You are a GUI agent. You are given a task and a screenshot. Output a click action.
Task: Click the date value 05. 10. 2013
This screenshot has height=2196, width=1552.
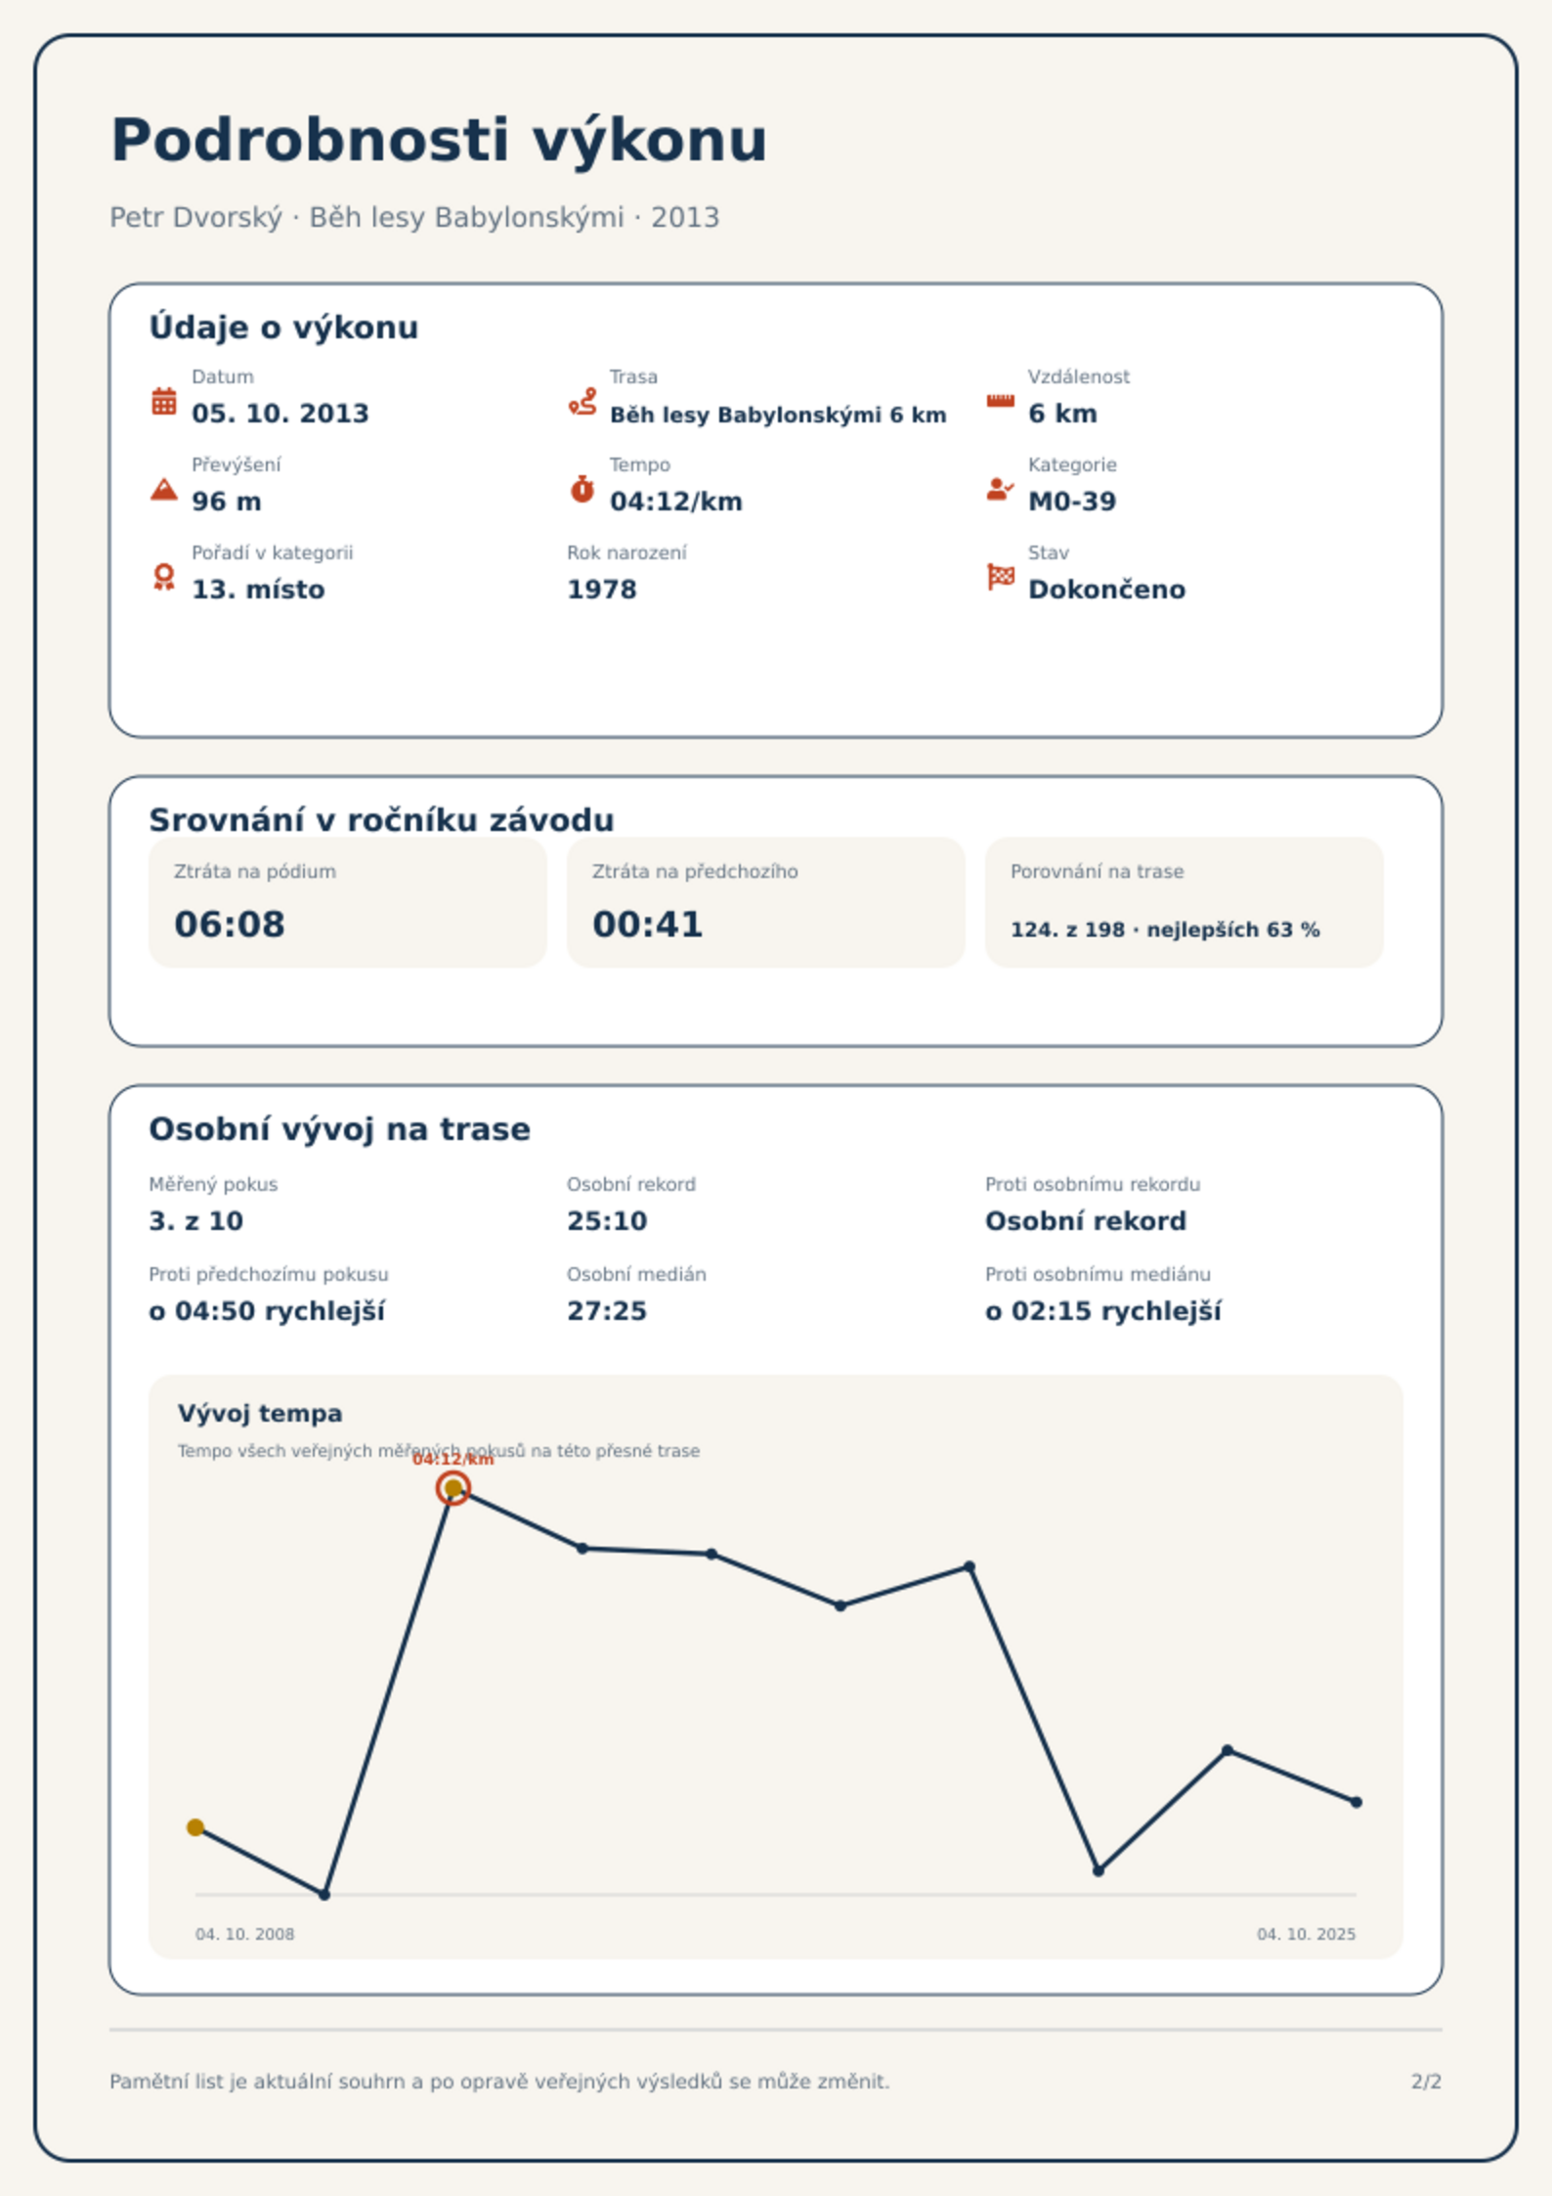[280, 414]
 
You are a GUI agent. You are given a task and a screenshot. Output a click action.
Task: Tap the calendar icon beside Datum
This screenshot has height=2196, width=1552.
[164, 401]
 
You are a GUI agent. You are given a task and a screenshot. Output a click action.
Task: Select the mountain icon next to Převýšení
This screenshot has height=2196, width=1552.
[164, 489]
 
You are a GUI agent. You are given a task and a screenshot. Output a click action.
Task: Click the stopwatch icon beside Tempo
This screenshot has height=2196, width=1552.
[582, 489]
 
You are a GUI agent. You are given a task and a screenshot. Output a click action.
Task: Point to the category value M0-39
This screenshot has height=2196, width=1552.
[1072, 502]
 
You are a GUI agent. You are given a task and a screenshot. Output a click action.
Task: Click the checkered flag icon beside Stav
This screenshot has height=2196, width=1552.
[1001, 577]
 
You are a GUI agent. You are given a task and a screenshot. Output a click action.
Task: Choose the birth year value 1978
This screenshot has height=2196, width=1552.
[602, 590]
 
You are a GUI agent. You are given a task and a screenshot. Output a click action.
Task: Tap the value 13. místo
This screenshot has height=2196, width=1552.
[258, 590]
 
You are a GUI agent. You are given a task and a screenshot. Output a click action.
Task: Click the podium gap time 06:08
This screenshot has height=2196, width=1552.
[230, 924]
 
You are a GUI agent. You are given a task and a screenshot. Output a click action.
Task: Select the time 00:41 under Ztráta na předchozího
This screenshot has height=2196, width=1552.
[648, 924]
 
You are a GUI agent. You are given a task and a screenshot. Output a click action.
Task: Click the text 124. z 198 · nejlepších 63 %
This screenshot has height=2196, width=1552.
[1165, 930]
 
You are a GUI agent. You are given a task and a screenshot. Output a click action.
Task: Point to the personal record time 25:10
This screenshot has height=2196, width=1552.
[607, 1221]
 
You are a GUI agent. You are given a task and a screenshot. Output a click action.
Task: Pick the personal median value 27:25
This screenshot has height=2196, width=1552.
[607, 1311]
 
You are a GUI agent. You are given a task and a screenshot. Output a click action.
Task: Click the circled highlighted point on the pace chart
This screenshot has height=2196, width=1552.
[453, 1488]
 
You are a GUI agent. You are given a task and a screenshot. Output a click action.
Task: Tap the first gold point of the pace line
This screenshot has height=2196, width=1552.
[195, 1827]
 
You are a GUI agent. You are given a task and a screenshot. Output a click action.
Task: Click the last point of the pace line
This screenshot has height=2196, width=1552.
[1357, 1802]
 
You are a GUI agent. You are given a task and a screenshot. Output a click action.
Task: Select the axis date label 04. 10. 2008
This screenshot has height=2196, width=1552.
[244, 1934]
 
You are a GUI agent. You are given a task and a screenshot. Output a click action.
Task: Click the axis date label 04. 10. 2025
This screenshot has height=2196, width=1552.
[1307, 1934]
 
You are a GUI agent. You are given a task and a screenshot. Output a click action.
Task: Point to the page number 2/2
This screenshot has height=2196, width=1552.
[1426, 2082]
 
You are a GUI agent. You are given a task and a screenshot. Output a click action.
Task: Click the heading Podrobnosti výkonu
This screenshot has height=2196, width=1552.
[439, 140]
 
